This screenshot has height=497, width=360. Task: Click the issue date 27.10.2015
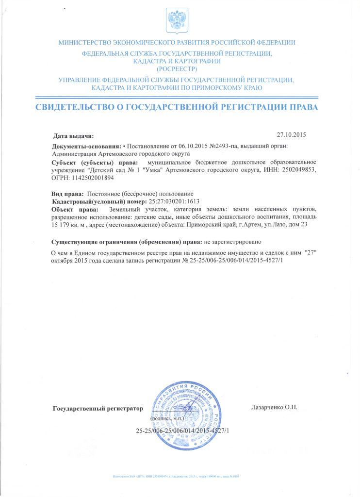(x=291, y=135)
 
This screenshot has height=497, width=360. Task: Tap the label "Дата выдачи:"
(x=73, y=136)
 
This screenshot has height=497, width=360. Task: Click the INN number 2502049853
(x=296, y=169)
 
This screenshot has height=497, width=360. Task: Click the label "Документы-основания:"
(x=86, y=146)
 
